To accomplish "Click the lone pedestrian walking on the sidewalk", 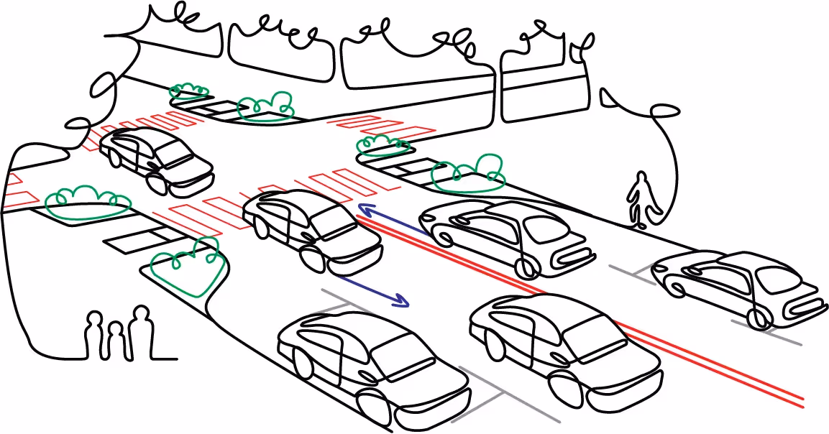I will (x=639, y=200).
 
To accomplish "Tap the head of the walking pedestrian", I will (x=639, y=177).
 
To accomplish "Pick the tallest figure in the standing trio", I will (x=141, y=332).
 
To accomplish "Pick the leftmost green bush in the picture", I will (x=87, y=203).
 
